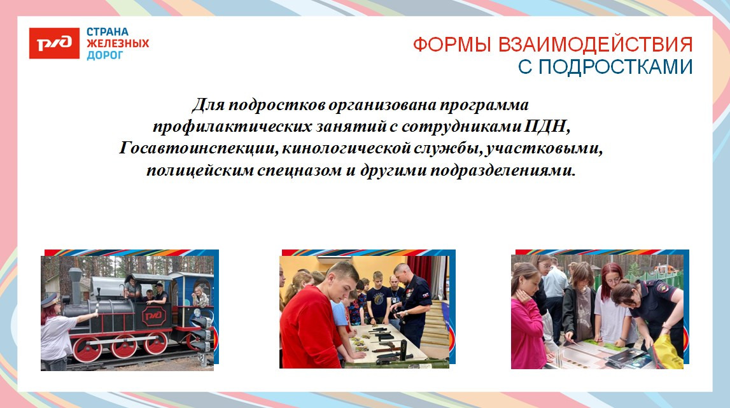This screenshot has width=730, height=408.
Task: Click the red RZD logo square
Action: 54,43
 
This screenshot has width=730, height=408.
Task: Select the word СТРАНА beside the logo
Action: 108,32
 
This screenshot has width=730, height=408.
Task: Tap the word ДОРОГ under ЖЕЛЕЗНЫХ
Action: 105,55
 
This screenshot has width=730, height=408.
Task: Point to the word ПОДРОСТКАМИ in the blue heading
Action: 615,67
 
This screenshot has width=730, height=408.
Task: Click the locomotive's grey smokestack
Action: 75,283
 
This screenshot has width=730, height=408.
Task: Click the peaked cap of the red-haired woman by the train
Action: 50,298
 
